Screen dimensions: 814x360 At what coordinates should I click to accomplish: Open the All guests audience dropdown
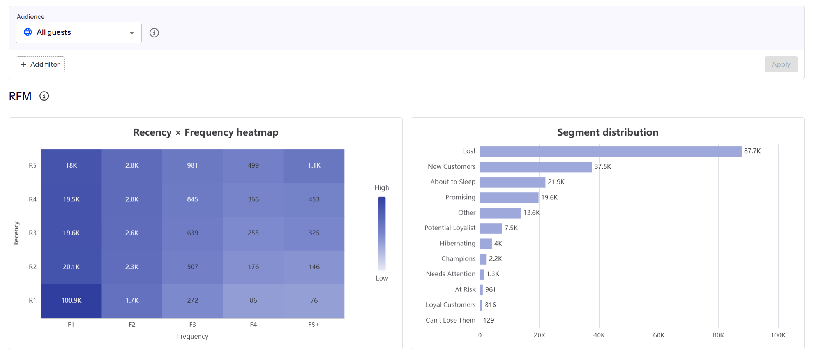pos(79,33)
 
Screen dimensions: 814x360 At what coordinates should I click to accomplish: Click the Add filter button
pos(40,64)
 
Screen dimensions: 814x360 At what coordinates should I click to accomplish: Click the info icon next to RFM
pos(44,96)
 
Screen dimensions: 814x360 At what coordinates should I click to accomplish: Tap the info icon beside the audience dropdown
pos(154,33)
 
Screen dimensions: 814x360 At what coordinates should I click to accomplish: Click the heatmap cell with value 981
pos(192,166)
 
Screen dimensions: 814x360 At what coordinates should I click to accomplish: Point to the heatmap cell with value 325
pos(314,233)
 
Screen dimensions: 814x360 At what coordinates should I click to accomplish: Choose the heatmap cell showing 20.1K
pos(71,267)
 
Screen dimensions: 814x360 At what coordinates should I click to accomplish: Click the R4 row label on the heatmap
pos(33,199)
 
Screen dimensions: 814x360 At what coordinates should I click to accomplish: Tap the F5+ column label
pos(314,325)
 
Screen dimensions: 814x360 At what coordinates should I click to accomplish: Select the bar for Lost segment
pos(611,151)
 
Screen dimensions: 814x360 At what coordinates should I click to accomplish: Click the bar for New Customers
pos(536,167)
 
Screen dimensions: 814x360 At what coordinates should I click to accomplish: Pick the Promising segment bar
pos(509,198)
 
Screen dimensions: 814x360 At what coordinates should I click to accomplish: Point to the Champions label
pos(458,259)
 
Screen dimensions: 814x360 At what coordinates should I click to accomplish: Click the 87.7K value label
pos(752,151)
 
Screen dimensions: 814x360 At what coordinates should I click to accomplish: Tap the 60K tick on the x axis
pos(659,335)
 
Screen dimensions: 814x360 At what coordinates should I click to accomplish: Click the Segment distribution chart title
pos(608,132)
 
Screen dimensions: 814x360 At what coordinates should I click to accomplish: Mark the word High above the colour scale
pos(382,188)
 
